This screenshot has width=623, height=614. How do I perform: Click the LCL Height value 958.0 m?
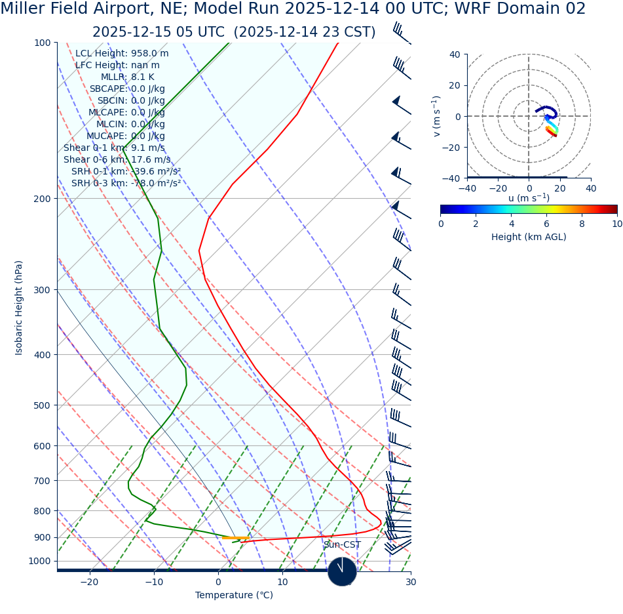pyautogui.click(x=149, y=54)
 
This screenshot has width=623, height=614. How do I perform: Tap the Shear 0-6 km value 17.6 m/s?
pyautogui.click(x=151, y=160)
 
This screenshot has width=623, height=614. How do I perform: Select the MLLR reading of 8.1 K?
pyautogui.click(x=143, y=77)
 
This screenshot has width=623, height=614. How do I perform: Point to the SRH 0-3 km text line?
pyautogui.click(x=126, y=184)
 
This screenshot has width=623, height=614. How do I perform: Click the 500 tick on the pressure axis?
pyautogui.click(x=42, y=405)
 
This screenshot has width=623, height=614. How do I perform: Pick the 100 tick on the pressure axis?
pyautogui.click(x=42, y=43)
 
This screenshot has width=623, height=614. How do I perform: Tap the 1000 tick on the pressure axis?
pyautogui.click(x=39, y=561)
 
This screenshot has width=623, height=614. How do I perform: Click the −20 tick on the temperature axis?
pyautogui.click(x=89, y=583)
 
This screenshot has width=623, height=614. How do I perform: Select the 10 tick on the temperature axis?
pyautogui.click(x=282, y=583)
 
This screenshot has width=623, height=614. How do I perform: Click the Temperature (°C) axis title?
pyautogui.click(x=234, y=596)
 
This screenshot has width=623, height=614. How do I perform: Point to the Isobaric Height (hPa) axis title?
pyautogui.click(x=19, y=308)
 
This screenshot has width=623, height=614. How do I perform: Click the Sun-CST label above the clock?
pyautogui.click(x=342, y=545)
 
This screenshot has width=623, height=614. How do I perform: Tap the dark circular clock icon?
pyautogui.click(x=342, y=571)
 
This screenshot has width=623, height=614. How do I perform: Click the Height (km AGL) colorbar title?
pyautogui.click(x=529, y=237)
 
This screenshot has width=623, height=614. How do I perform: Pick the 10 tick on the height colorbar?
pyautogui.click(x=616, y=224)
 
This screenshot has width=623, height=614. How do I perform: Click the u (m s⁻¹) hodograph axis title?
pyautogui.click(x=529, y=198)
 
